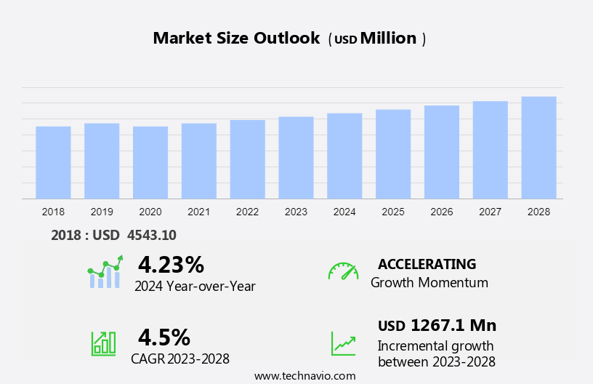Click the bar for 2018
(x=53, y=162)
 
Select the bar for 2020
(x=150, y=162)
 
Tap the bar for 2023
(x=296, y=157)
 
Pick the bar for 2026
(x=442, y=152)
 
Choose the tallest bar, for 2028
(x=538, y=148)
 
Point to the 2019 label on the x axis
(x=102, y=212)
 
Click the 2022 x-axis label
(x=247, y=212)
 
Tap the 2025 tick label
(x=393, y=212)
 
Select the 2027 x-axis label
(x=491, y=212)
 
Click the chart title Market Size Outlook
(x=236, y=39)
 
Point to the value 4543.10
(x=152, y=235)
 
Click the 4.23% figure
(x=171, y=264)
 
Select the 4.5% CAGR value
(x=164, y=337)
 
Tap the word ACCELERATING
(x=427, y=264)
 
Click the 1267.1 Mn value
(x=453, y=325)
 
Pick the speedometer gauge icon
(x=343, y=271)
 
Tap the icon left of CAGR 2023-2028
(x=103, y=343)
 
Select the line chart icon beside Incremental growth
(x=343, y=343)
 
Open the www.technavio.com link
(x=304, y=376)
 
